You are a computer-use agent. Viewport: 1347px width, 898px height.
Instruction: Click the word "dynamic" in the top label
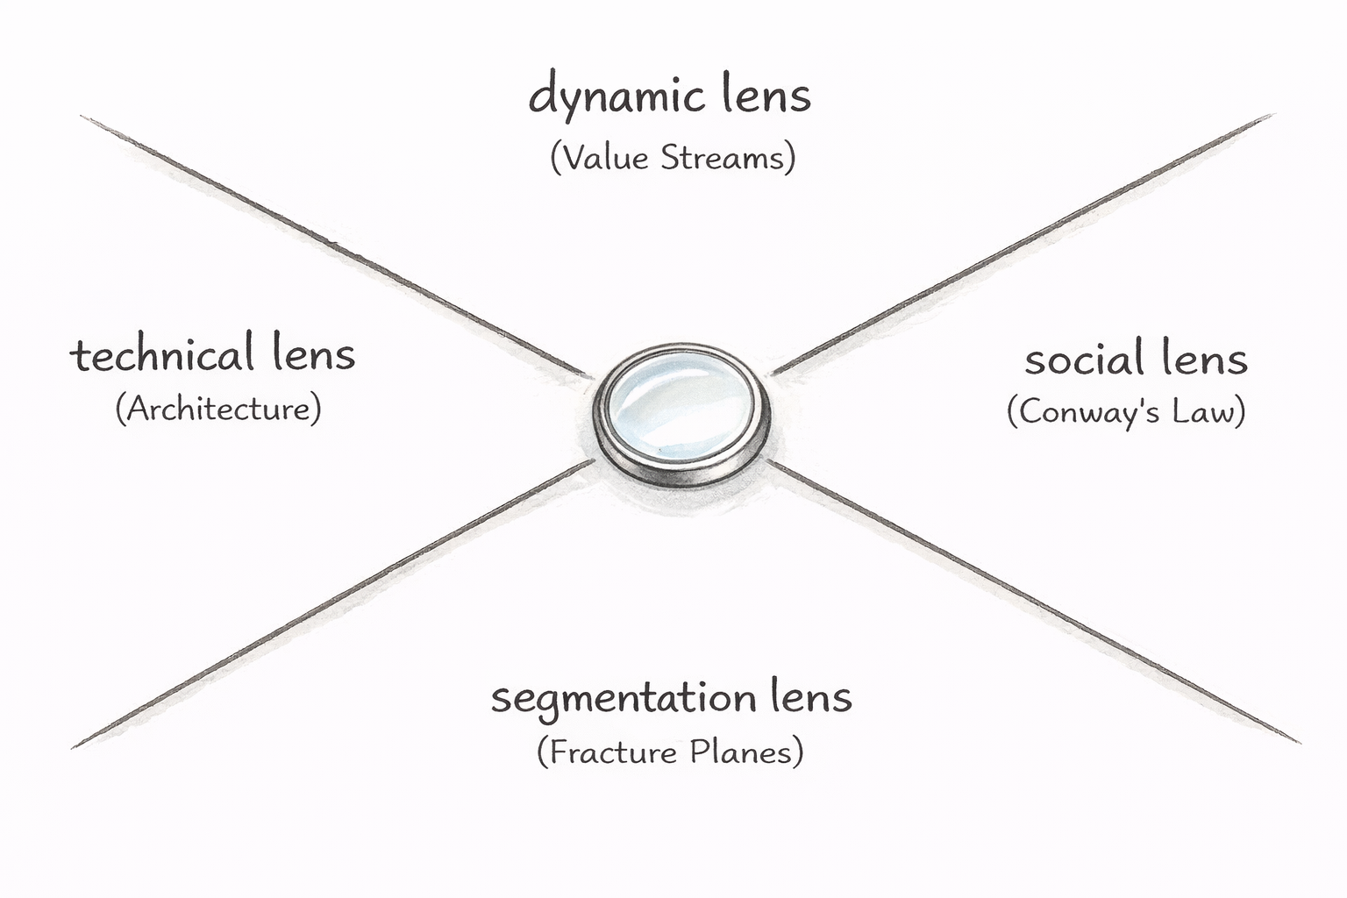pos(616,97)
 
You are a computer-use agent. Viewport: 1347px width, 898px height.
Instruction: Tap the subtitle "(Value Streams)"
pos(673,158)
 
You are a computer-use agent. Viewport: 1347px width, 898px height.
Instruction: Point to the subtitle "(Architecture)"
pos(218,410)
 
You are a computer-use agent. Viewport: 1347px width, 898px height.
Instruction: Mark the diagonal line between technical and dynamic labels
pos(334,246)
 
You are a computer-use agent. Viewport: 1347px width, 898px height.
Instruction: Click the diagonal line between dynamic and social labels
pos(1023,244)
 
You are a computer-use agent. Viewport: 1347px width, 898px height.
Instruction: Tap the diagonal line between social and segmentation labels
pos(1034,602)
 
